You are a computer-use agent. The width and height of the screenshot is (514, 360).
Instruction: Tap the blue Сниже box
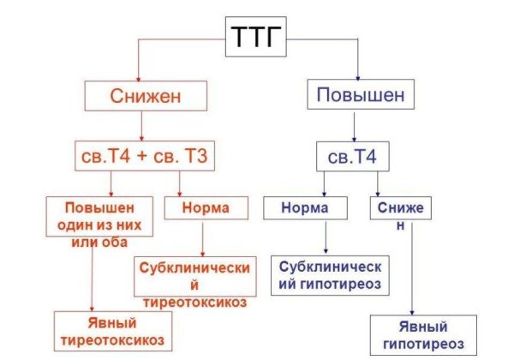click(398, 207)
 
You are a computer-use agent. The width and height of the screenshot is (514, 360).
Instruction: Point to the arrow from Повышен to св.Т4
click(354, 126)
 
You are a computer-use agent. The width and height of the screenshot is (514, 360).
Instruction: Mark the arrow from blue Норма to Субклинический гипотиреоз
click(326, 236)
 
